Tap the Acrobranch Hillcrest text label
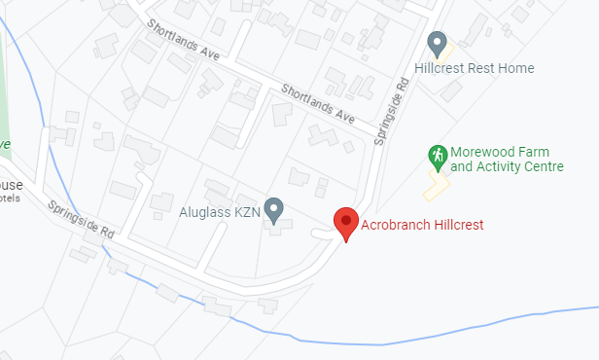422,225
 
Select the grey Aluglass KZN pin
275,209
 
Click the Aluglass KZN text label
221,210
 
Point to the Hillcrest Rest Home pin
438,43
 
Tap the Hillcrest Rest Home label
474,68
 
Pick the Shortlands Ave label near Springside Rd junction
317,101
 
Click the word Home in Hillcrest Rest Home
517,68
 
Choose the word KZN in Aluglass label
249,210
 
